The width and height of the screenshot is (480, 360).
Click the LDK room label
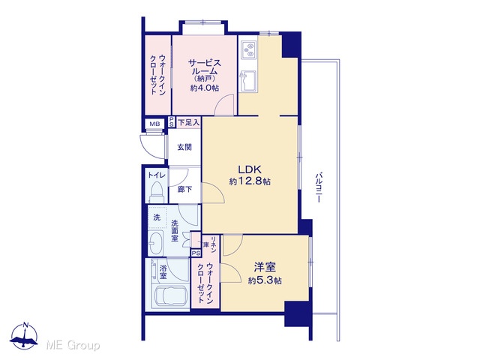pos(250,169)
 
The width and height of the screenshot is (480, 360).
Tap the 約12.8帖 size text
pos(250,181)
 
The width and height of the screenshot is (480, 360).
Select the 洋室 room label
pos(265,267)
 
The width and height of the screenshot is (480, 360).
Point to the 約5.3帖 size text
pos(265,280)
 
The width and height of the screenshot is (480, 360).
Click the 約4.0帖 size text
pos(205,88)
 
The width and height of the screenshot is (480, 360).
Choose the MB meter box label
pos(154,124)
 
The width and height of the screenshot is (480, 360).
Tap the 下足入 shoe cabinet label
pos(188,123)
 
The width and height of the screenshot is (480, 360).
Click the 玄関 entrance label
pos(184,147)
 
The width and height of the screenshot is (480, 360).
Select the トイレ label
pos(157,175)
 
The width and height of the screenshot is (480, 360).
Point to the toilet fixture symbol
pos(157,192)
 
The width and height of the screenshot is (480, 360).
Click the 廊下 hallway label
pos(185,189)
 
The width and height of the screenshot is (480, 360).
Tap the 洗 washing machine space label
pos(157,217)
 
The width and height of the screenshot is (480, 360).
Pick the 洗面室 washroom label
pos(175,230)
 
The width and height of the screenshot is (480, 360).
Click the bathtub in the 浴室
pos(171,297)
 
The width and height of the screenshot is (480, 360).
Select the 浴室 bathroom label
pos(163,272)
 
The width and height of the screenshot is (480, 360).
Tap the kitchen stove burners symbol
pos(248,50)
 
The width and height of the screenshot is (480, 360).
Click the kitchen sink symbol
pos(248,82)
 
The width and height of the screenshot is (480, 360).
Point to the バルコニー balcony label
pos(319,187)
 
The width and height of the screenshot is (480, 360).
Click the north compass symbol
pos(24,336)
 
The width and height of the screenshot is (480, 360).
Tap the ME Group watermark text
pos(73,346)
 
